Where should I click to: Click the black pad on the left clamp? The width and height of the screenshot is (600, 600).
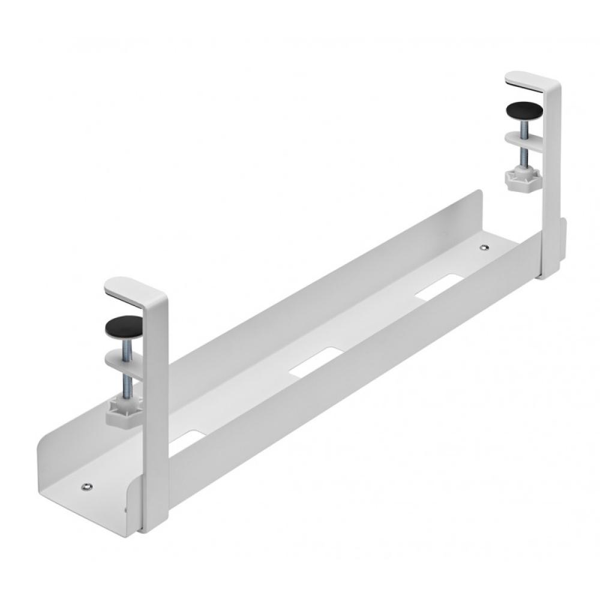tap(124, 327)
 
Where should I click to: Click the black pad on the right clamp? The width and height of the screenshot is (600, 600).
tap(523, 111)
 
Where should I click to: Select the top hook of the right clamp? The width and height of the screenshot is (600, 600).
tap(528, 80)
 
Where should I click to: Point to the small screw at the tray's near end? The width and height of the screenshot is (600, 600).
tap(88, 487)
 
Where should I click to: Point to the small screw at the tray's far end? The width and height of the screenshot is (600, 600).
tap(485, 247)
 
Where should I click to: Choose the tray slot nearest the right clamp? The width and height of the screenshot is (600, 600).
tap(439, 286)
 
